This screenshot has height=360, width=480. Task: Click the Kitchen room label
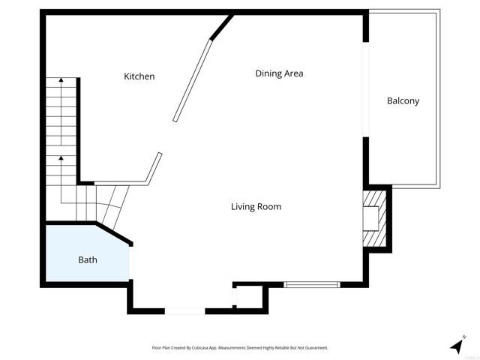coord(139,76)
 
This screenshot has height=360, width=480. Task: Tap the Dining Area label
coord(279,73)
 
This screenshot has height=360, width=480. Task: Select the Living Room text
coord(256,206)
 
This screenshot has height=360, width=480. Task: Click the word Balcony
coord(403,101)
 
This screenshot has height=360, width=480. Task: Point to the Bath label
coord(88,260)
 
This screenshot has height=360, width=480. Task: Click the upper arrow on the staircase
coord(61,79)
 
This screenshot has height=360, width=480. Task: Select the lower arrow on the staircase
coord(61,159)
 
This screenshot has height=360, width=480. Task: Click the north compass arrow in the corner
coord(457,345)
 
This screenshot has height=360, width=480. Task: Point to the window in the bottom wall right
coord(312,284)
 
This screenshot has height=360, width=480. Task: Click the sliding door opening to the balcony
coord(366,89)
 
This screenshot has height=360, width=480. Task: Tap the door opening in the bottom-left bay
coord(184,310)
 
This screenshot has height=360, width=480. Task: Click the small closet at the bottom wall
coord(248,296)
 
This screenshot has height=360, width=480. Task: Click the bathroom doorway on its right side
coord(130,263)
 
